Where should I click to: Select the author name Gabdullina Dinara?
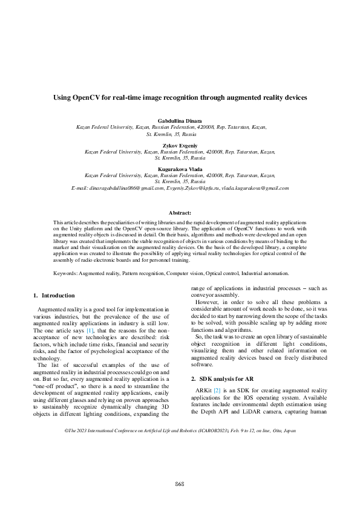(180, 121)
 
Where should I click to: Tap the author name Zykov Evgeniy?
(180, 145)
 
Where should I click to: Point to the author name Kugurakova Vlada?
(180, 169)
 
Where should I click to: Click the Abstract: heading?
(180, 212)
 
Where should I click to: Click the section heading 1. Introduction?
(54, 296)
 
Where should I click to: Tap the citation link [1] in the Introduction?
(90, 331)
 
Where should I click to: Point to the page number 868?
(180, 484)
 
